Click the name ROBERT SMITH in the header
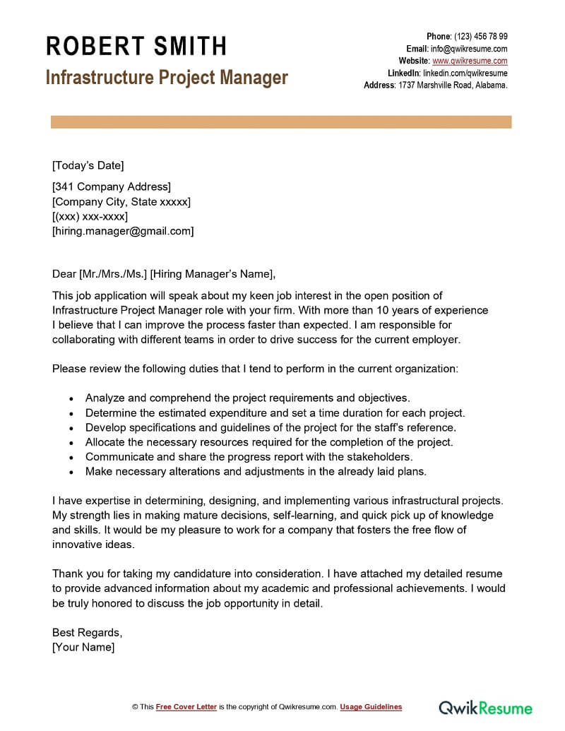[136, 46]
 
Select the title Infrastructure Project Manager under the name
[167, 77]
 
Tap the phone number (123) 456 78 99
[480, 37]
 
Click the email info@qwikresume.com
[469, 49]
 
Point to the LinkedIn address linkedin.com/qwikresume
[465, 73]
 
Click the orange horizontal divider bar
[281, 123]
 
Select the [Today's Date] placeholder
[88, 166]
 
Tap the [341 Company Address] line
[112, 187]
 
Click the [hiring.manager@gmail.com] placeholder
[123, 231]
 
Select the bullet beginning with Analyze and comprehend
[247, 398]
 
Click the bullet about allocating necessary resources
[269, 442]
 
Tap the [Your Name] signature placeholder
[83, 647]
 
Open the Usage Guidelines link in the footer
[371, 707]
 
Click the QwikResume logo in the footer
[486, 707]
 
